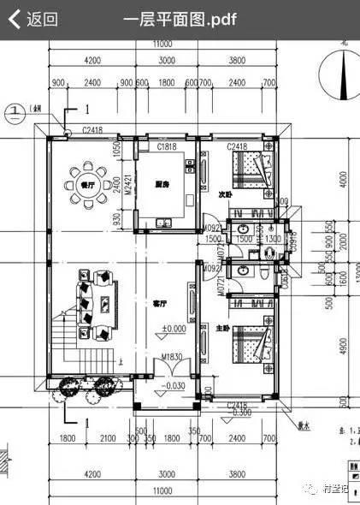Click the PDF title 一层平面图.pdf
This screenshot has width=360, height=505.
[180, 19]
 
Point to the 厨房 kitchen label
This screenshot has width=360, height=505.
[161, 184]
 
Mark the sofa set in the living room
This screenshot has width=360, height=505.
[97, 300]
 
